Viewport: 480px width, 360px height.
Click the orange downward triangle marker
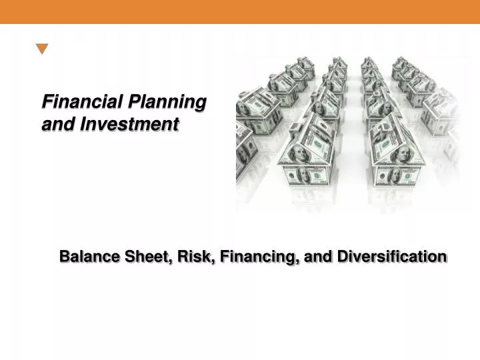point(42,49)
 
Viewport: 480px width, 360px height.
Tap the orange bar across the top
point(240,11)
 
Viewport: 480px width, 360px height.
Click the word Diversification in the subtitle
point(391,257)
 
